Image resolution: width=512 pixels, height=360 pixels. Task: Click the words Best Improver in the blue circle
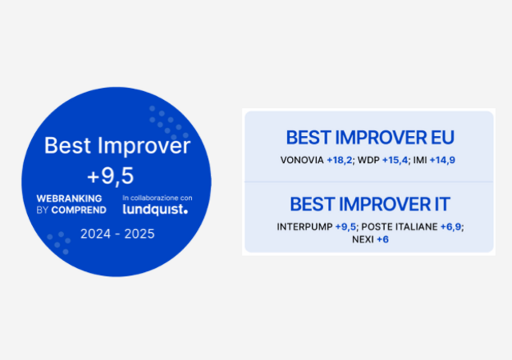117,146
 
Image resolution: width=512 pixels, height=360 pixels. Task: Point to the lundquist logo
154,210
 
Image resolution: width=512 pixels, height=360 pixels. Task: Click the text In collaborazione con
157,198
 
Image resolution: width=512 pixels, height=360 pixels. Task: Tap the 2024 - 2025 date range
117,234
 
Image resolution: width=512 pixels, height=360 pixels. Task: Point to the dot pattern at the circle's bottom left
58,242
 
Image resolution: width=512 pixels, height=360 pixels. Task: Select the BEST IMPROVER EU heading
369,137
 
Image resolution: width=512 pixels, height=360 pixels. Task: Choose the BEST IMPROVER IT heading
369,203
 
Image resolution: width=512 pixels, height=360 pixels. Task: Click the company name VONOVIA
302,160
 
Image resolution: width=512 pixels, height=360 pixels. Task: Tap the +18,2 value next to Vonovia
340,160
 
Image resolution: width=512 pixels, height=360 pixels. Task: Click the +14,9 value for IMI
442,160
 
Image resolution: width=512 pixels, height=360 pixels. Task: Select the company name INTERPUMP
305,226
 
